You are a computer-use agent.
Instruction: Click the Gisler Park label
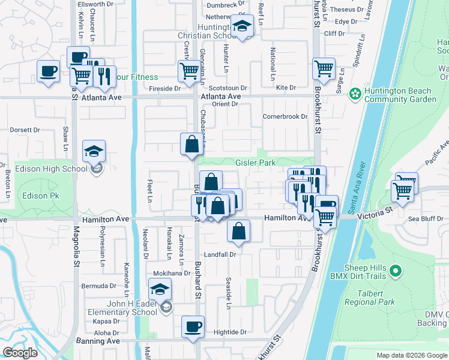point(255,163)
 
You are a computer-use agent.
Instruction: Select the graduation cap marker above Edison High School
point(94,151)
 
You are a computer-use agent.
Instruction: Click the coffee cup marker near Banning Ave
point(193,327)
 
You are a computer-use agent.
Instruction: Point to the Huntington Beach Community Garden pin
point(355,93)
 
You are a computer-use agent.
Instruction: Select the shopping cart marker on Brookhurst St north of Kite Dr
point(324,68)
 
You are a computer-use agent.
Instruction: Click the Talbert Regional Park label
point(369,302)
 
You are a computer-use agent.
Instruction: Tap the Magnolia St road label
point(77,248)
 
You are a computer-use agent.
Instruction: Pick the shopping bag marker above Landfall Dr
point(239,230)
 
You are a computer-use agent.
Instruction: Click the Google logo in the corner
point(20,353)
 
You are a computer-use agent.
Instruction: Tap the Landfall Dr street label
point(220,254)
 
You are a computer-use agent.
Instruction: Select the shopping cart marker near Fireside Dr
point(189,71)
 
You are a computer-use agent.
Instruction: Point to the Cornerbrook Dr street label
point(285,116)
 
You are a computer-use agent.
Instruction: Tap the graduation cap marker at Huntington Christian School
point(242,28)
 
